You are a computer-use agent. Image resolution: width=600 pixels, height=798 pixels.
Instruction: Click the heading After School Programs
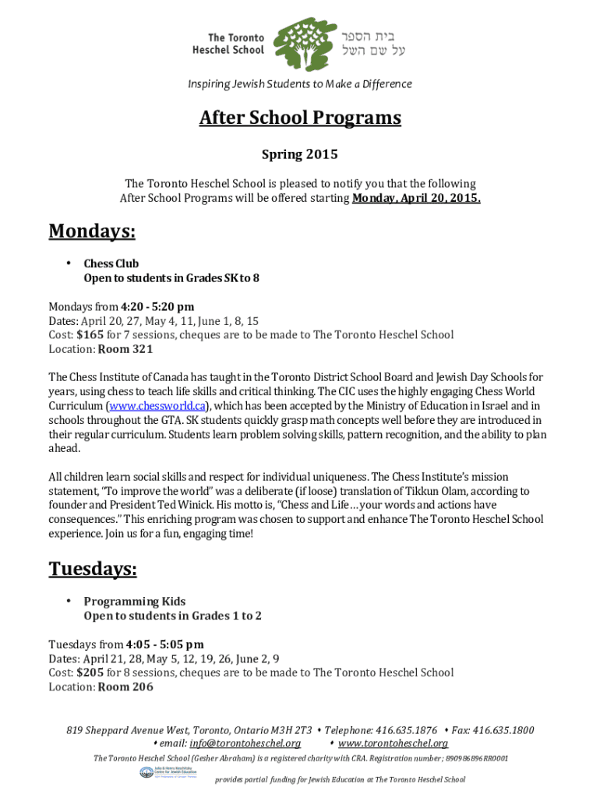click(300, 118)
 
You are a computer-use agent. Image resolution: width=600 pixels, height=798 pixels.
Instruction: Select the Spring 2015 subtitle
click(300, 154)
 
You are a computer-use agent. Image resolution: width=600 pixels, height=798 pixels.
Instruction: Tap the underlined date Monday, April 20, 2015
click(416, 198)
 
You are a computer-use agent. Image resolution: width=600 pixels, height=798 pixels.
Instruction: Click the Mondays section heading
click(92, 231)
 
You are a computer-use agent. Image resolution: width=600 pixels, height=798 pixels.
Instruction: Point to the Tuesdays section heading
click(93, 570)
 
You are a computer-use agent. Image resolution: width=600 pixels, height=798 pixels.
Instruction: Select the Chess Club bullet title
click(111, 263)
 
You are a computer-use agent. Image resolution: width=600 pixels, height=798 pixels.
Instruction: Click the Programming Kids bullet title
click(135, 601)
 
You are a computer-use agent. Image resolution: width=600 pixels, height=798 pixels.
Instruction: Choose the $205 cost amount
click(90, 673)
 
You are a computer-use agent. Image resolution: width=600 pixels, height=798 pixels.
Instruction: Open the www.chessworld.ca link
click(157, 406)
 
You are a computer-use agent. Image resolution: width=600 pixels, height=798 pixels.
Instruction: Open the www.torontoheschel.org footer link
click(393, 743)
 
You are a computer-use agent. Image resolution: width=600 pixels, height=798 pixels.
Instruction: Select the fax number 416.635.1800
click(503, 730)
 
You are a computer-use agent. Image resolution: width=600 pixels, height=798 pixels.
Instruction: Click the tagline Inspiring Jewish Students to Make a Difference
click(300, 84)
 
